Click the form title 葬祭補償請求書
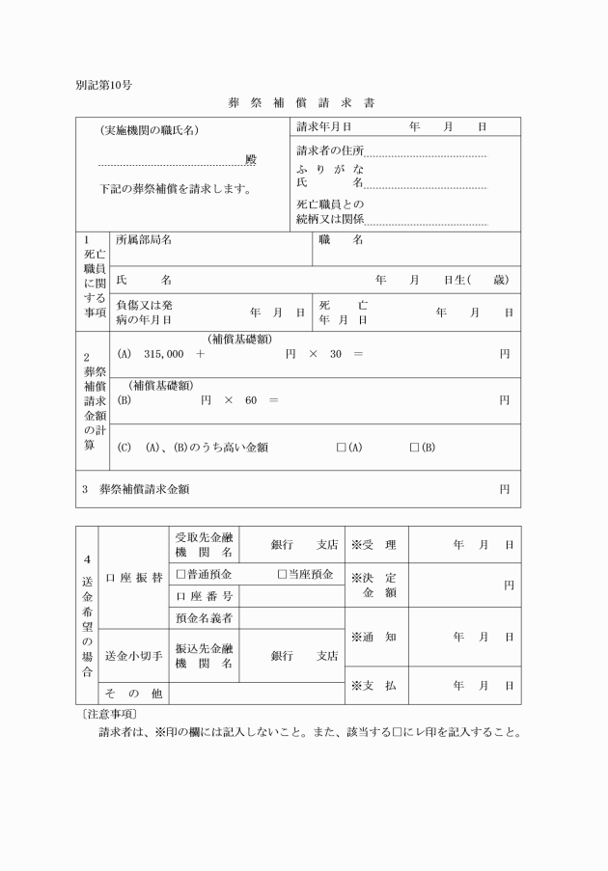tap(303, 100)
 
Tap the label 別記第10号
tap(103, 84)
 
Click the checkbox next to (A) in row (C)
tap(341, 448)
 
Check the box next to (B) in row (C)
tap(414, 448)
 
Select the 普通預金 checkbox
tap(180, 574)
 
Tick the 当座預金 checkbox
tap(283, 574)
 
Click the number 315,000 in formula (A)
tap(163, 354)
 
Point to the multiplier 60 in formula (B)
tap(250, 400)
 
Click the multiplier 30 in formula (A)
tap(335, 354)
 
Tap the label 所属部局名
tap(144, 240)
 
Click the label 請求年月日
tap(323, 126)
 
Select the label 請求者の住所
tap(330, 151)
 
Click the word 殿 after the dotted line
tap(250, 159)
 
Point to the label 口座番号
tap(204, 596)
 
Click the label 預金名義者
tap(204, 617)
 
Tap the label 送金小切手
tap(133, 656)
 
